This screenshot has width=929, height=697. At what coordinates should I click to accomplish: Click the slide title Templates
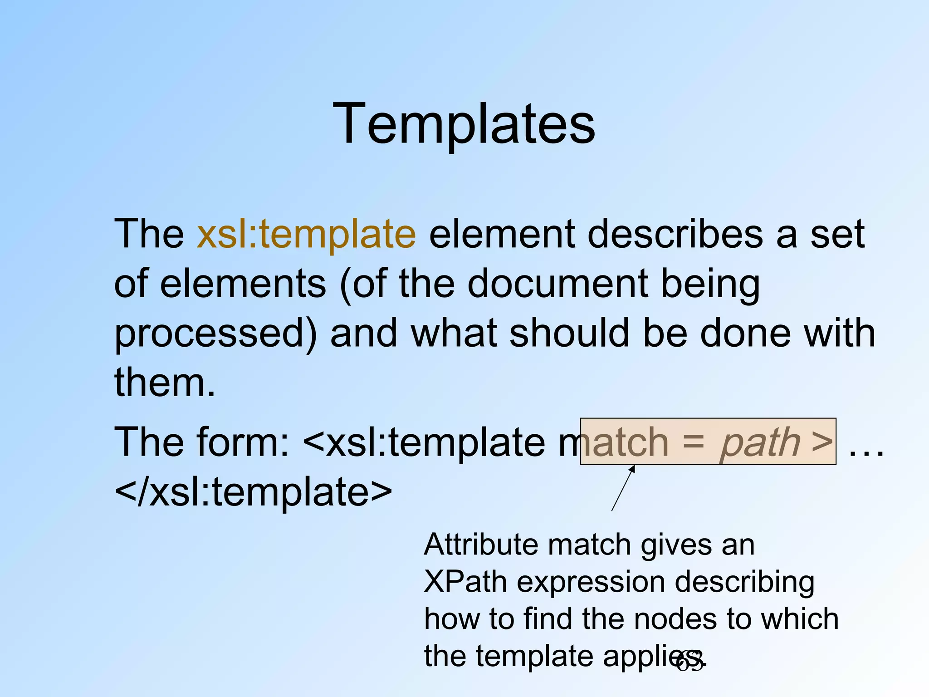pos(464,124)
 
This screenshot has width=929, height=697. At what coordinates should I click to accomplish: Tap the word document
pos(557,284)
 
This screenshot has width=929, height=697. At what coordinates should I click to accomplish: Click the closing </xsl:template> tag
pos(253,492)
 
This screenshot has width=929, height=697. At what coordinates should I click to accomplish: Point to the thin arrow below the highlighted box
pos(623,489)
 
